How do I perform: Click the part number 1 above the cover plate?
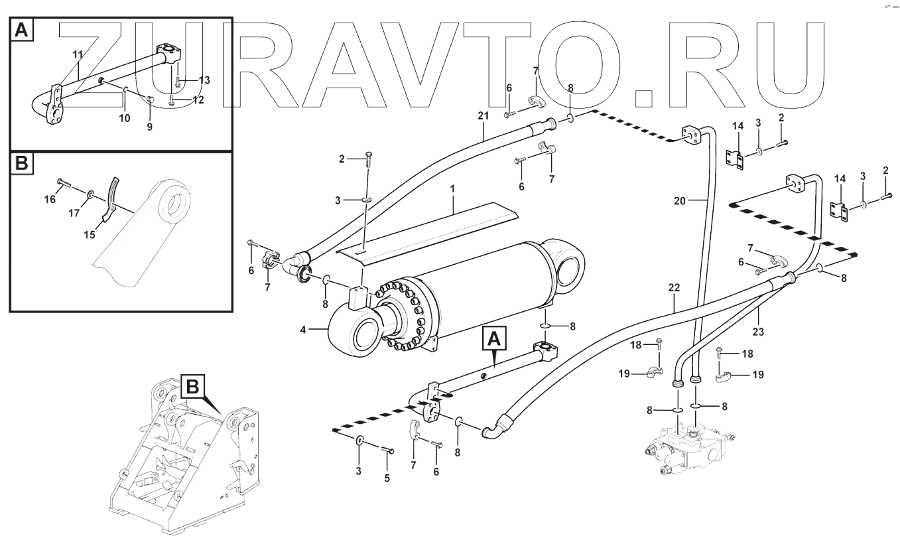[x=453, y=189]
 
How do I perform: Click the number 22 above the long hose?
[x=675, y=289]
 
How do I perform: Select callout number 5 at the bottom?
[x=388, y=477]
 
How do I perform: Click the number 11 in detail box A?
[x=78, y=54]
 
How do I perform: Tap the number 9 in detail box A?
[x=149, y=126]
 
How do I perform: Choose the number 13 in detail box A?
[x=204, y=80]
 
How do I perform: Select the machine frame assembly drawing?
[x=182, y=458]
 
